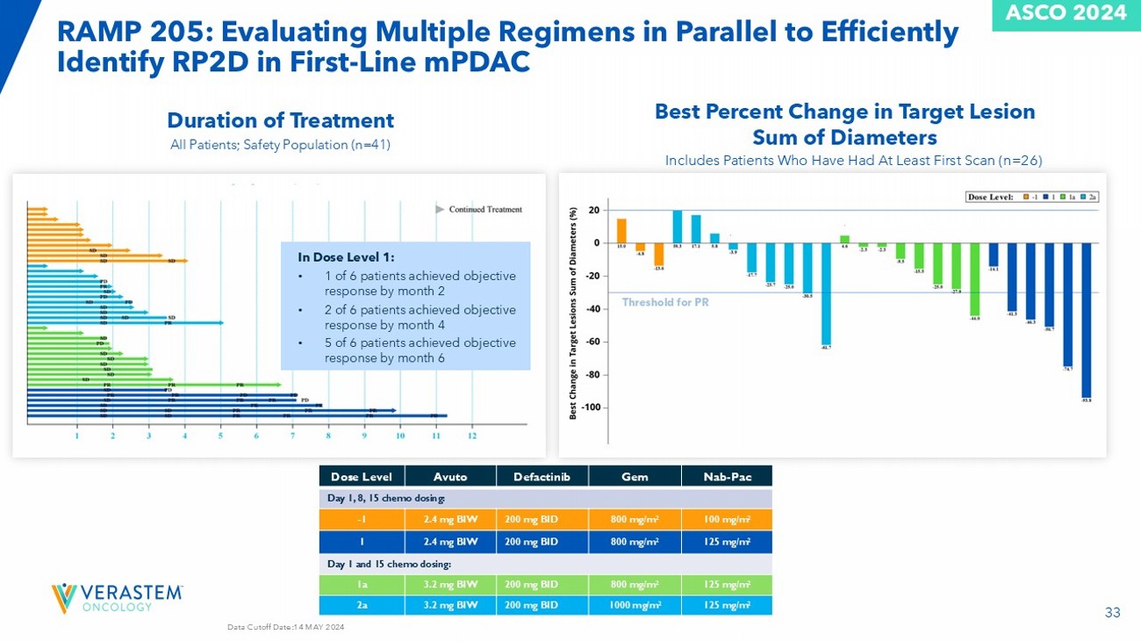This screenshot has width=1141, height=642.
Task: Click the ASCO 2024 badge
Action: pyautogui.click(x=1066, y=14)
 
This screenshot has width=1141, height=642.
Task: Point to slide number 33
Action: pyautogui.click(x=1112, y=613)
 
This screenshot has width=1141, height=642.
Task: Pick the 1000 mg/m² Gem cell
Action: pyautogui.click(x=635, y=605)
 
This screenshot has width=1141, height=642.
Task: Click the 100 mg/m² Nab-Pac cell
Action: pyautogui.click(x=726, y=519)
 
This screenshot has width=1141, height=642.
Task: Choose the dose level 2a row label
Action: pyautogui.click(x=362, y=605)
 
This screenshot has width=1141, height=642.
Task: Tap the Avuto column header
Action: pyautogui.click(x=450, y=476)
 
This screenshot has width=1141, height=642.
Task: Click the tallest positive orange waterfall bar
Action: pyautogui.click(x=621, y=230)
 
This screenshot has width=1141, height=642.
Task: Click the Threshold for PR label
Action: pyautogui.click(x=665, y=302)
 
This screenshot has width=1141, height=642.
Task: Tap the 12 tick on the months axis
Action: pyautogui.click(x=472, y=435)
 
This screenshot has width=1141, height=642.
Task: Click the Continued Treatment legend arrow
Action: pyautogui.click(x=441, y=209)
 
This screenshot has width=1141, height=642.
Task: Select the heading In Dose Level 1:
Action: pyautogui.click(x=346, y=257)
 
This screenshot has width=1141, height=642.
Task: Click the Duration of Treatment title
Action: pyautogui.click(x=281, y=119)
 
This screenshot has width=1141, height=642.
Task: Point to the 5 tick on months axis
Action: pyautogui.click(x=220, y=435)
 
